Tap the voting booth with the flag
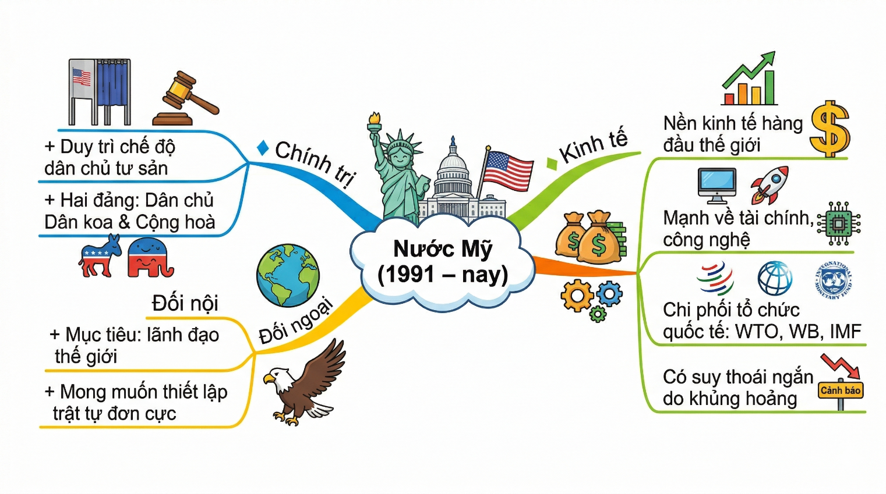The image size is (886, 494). point(100,91)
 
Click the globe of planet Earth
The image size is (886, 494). point(288,276)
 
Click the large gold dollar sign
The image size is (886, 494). point(830,129)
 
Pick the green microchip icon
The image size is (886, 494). point(839,223)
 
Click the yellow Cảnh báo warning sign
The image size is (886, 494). point(841,390)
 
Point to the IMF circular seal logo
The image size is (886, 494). point(832,280)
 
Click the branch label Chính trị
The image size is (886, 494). point(315,163)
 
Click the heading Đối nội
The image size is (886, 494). point(185,303)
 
